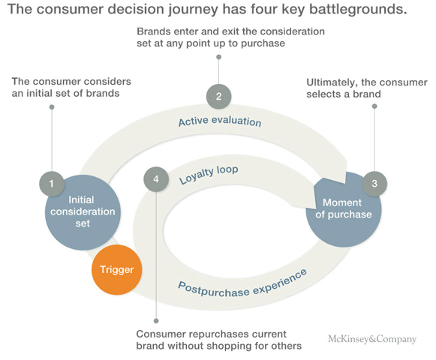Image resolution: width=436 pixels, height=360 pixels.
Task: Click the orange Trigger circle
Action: point(116,268)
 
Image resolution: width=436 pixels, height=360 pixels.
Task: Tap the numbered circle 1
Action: point(50,181)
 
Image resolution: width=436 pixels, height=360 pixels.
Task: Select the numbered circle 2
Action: point(218,95)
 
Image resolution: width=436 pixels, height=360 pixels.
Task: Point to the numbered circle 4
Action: point(155,180)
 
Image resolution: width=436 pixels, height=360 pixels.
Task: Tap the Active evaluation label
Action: point(219,121)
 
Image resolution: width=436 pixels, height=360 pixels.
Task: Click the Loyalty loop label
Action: point(209,174)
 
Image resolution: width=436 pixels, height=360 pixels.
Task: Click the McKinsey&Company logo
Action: point(372,339)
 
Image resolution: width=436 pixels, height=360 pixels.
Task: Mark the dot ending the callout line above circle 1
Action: point(51,107)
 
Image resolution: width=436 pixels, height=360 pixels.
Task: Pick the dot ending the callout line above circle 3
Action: point(374,107)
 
